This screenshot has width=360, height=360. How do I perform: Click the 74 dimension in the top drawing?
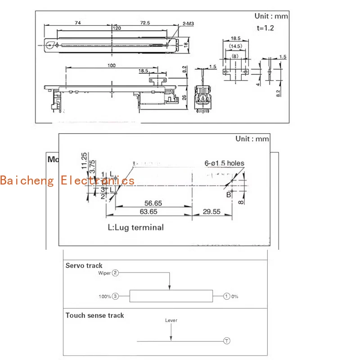click(78, 22)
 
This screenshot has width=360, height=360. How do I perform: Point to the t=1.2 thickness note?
click(265, 28)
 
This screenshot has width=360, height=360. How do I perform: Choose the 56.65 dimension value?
click(153, 203)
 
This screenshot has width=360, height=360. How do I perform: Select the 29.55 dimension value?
click(212, 211)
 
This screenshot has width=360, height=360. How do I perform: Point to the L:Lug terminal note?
click(135, 227)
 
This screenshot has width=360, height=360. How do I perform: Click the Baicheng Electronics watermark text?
click(67, 181)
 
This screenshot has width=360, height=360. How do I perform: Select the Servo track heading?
click(84, 265)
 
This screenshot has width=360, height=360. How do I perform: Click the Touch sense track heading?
click(94, 315)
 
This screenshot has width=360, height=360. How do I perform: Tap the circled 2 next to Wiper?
click(116, 273)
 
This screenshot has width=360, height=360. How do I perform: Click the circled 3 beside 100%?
click(116, 297)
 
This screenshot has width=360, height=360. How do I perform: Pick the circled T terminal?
click(227, 341)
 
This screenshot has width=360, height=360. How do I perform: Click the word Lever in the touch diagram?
click(171, 320)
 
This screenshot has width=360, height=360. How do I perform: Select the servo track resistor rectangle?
click(171, 296)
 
